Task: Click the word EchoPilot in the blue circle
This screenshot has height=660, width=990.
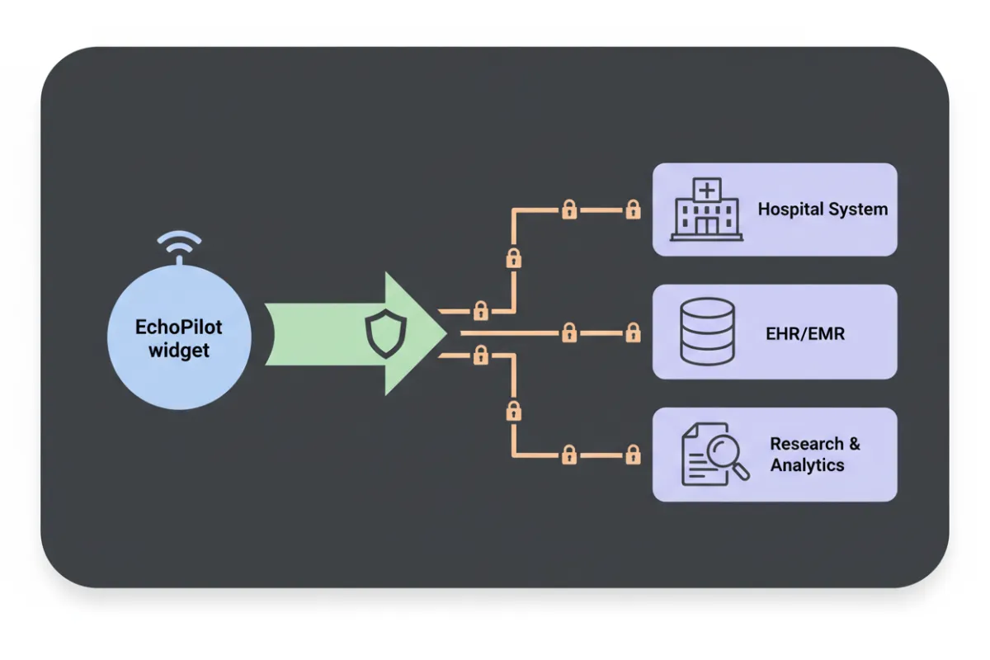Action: click(179, 328)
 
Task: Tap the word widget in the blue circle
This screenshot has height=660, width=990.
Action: click(179, 350)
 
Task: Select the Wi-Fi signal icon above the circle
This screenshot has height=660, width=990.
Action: click(179, 246)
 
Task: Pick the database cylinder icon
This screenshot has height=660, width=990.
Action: click(707, 331)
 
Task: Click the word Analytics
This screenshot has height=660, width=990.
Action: click(807, 465)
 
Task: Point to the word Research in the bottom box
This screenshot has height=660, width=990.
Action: click(806, 444)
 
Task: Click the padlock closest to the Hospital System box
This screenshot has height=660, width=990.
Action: click(633, 210)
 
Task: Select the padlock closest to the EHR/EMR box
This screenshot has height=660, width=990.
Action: click(633, 333)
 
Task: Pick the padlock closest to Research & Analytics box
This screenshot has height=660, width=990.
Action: click(633, 455)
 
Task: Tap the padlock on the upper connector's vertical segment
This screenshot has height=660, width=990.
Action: click(513, 258)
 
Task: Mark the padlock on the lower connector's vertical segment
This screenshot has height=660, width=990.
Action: click(513, 410)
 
